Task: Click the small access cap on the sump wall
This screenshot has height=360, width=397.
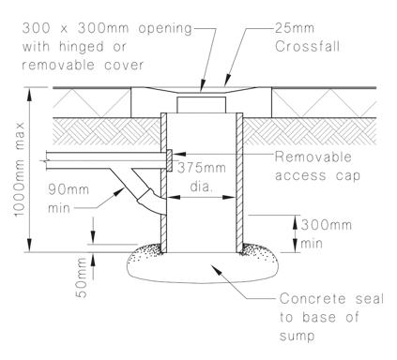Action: coord(168,165)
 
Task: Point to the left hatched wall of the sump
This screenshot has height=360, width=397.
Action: coord(162,187)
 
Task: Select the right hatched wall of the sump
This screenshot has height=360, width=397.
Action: coord(239,187)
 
